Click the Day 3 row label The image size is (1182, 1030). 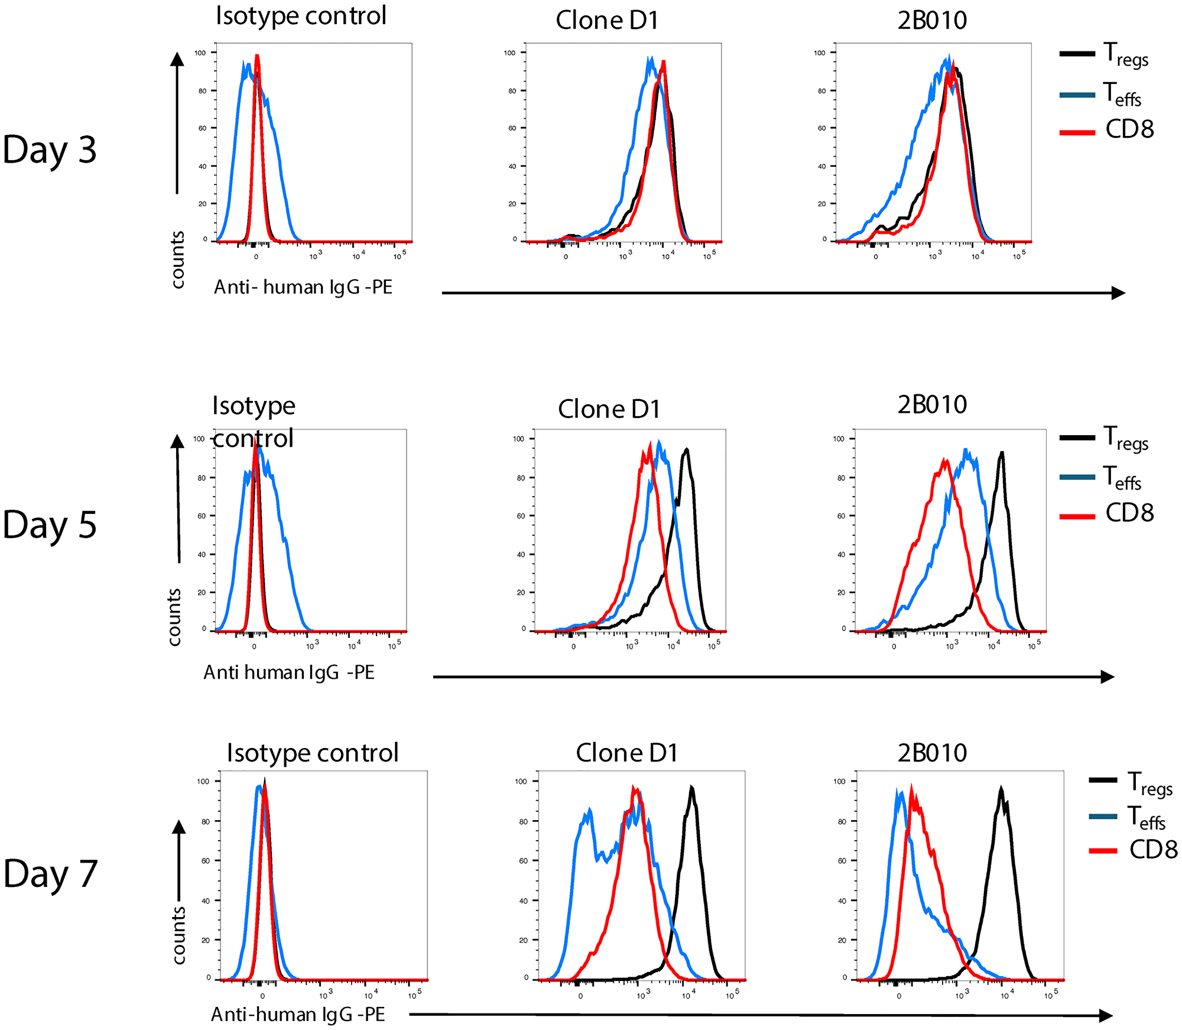pyautogui.click(x=50, y=149)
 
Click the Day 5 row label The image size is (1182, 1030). pyautogui.click(x=50, y=524)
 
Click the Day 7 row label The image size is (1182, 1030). pyautogui.click(x=50, y=874)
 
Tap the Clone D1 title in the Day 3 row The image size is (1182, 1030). pyautogui.click(x=607, y=21)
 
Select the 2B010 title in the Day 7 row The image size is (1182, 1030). pyautogui.click(x=932, y=753)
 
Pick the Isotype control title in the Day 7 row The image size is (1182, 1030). pyautogui.click(x=313, y=753)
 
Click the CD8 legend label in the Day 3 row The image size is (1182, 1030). pyautogui.click(x=1129, y=129)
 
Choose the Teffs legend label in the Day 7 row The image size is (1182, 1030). pyautogui.click(x=1145, y=818)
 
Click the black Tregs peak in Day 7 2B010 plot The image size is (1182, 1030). pyautogui.click(x=1001, y=789)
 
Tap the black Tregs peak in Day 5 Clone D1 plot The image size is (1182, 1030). pyautogui.click(x=686, y=449)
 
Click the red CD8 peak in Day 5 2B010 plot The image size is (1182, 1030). pyautogui.click(x=944, y=460)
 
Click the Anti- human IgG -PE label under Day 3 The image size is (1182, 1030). pyautogui.click(x=303, y=287)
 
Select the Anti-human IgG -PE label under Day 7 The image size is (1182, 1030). pyautogui.click(x=298, y=1015)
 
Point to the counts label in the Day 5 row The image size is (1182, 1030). pyautogui.click(x=174, y=617)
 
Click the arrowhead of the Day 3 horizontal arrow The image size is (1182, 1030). pyautogui.click(x=1118, y=293)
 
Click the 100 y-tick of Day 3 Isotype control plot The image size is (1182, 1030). pyautogui.click(x=200, y=53)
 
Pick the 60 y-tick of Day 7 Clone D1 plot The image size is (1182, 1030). pyautogui.click(x=523, y=861)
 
